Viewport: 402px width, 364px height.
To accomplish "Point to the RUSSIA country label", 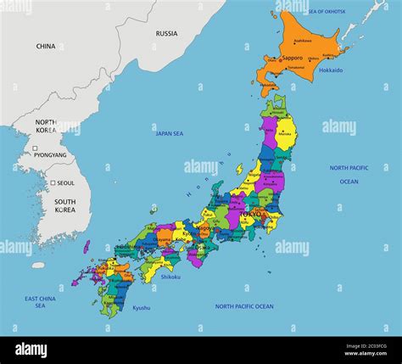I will pyautogui.click(x=166, y=33).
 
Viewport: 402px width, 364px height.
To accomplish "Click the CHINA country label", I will pyautogui.click(x=46, y=47).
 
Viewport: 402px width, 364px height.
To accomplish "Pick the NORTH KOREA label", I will pyautogui.click(x=46, y=126).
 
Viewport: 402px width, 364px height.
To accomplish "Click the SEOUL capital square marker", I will pyautogui.click(x=53, y=183).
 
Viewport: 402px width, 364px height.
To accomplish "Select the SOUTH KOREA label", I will pyautogui.click(x=64, y=205).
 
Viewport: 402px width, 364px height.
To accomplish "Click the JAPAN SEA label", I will pyautogui.click(x=170, y=133).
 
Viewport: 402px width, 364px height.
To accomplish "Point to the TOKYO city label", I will pyautogui.click(x=252, y=215).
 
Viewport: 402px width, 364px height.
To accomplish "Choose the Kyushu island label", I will pyautogui.click(x=141, y=308).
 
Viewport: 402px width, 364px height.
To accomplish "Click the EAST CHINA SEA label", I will pyautogui.click(x=41, y=302).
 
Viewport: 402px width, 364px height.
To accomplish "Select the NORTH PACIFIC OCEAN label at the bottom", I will pyautogui.click(x=244, y=306).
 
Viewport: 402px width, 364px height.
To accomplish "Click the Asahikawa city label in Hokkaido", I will pyautogui.click(x=303, y=41).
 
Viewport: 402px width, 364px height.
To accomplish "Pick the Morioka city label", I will pyautogui.click(x=285, y=133).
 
